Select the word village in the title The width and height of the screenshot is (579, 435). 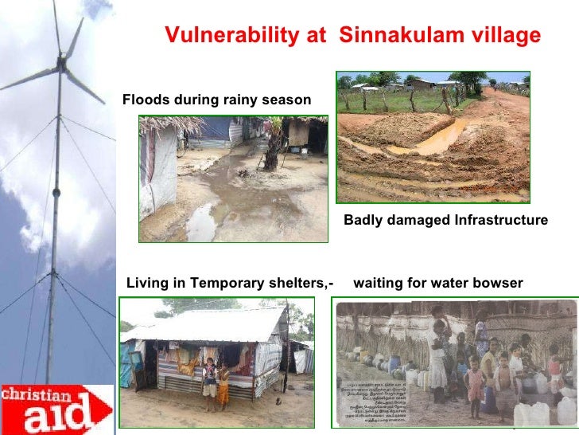[x=501, y=36]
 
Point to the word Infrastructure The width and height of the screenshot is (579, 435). [x=499, y=220]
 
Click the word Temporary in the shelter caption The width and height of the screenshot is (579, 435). [x=227, y=283]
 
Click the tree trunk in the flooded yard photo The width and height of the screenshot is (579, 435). [x=270, y=151]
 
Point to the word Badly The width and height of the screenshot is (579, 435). [x=363, y=220]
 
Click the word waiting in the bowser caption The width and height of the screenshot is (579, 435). [x=379, y=283]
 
